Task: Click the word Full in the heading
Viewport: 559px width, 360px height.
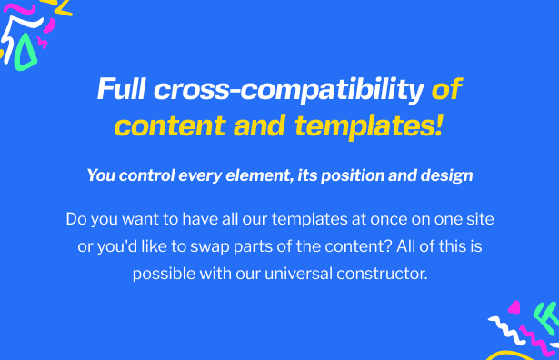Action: coord(121,88)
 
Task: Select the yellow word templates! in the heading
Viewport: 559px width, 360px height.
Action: coord(369,126)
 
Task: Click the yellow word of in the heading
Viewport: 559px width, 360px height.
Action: coord(446,88)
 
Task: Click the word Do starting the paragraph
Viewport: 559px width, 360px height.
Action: coord(76,219)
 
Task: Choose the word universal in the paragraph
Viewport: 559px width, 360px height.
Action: coord(299,274)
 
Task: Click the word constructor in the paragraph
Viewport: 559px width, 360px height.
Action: coord(382,275)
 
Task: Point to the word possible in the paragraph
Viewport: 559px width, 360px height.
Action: coord(164,275)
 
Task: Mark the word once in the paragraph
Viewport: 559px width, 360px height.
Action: coord(389,220)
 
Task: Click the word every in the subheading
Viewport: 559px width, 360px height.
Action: coord(200,176)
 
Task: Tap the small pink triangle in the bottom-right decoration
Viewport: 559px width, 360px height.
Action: coord(514,307)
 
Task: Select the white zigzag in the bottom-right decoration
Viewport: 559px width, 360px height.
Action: coord(507,330)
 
